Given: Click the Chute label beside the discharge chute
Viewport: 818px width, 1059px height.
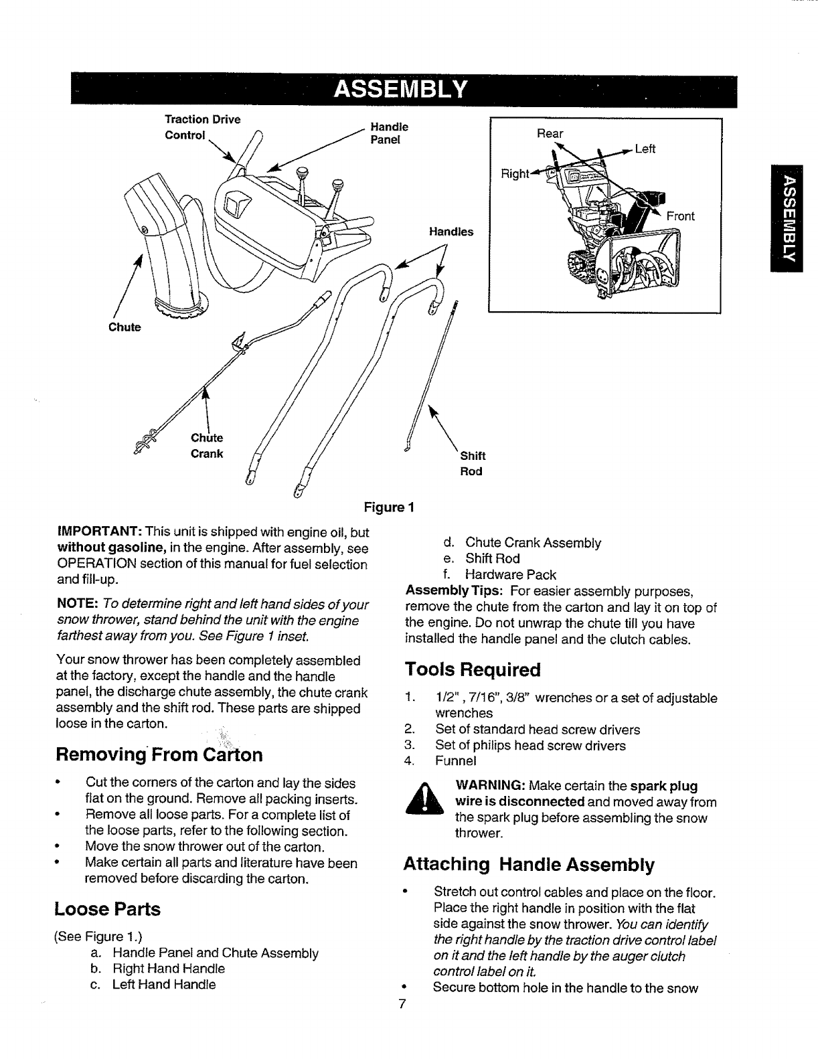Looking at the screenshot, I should point(125,327).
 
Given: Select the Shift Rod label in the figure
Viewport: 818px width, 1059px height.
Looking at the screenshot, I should point(472,463).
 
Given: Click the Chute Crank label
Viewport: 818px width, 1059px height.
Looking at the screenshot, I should point(207,446).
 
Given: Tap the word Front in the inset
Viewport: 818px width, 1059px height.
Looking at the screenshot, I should point(680,216).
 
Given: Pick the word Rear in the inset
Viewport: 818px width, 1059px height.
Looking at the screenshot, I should point(550,133).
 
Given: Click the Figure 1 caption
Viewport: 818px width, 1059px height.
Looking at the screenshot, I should point(390,507).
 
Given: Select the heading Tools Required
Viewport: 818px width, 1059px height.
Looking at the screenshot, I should point(472,669).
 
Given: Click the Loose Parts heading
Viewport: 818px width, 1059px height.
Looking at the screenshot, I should point(107,909).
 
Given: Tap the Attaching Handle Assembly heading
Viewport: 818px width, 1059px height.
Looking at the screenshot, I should point(528,864).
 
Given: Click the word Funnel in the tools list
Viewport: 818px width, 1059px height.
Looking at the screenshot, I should point(456,761).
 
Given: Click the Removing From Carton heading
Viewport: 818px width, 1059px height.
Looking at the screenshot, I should point(159,755).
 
